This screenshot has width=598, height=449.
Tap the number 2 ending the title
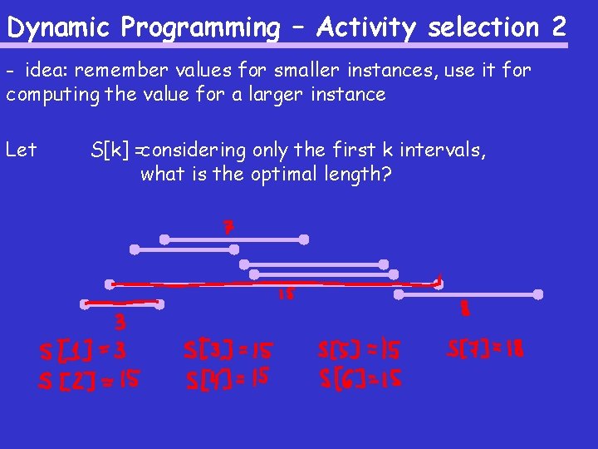coord(558,27)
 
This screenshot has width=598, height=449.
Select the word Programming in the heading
coord(200,27)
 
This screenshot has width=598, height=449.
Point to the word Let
coord(21,150)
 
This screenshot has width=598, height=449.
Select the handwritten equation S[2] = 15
coord(89,382)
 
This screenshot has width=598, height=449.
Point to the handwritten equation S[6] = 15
coord(360,379)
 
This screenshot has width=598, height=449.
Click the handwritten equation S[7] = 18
coord(486,348)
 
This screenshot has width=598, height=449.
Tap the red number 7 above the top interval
coord(228,227)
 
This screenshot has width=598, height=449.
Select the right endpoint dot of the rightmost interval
coord(538,294)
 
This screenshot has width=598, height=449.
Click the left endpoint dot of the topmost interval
coord(164,239)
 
